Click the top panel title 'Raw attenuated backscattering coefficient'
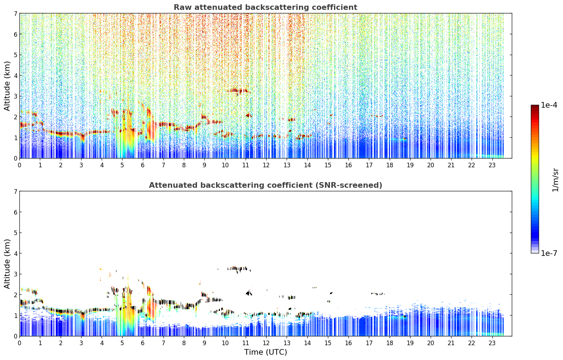click(265, 7)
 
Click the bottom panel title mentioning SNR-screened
click(265, 185)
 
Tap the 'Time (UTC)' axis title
click(265, 352)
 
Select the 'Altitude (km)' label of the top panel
click(7, 86)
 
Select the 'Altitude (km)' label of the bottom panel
click(7, 264)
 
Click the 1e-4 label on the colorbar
click(549, 105)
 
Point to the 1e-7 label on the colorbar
click(549, 253)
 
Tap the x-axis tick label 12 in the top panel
click(266, 165)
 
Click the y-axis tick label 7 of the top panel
click(15, 13)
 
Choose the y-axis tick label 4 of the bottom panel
click(15, 253)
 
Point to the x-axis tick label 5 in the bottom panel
click(122, 343)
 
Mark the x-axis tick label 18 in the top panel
click(390, 165)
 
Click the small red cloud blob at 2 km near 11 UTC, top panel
click(249, 115)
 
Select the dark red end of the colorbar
click(535, 107)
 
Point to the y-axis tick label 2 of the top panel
click(15, 117)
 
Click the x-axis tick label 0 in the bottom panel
click(20, 343)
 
